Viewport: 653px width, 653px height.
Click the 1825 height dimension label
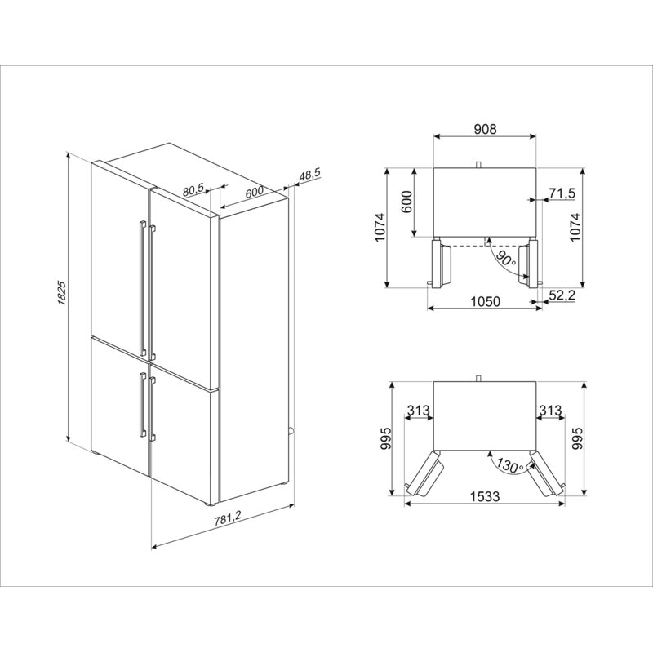[x=62, y=294]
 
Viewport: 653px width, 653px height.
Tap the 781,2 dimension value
[x=228, y=518]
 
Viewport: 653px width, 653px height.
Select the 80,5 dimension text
[x=193, y=189]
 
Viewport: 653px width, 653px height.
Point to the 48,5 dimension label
[x=309, y=175]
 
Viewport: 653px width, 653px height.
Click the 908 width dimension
[x=485, y=129]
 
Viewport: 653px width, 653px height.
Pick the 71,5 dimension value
[x=562, y=193]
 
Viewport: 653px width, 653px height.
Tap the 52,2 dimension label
[x=562, y=295]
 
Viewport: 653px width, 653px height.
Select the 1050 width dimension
[x=485, y=300]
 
